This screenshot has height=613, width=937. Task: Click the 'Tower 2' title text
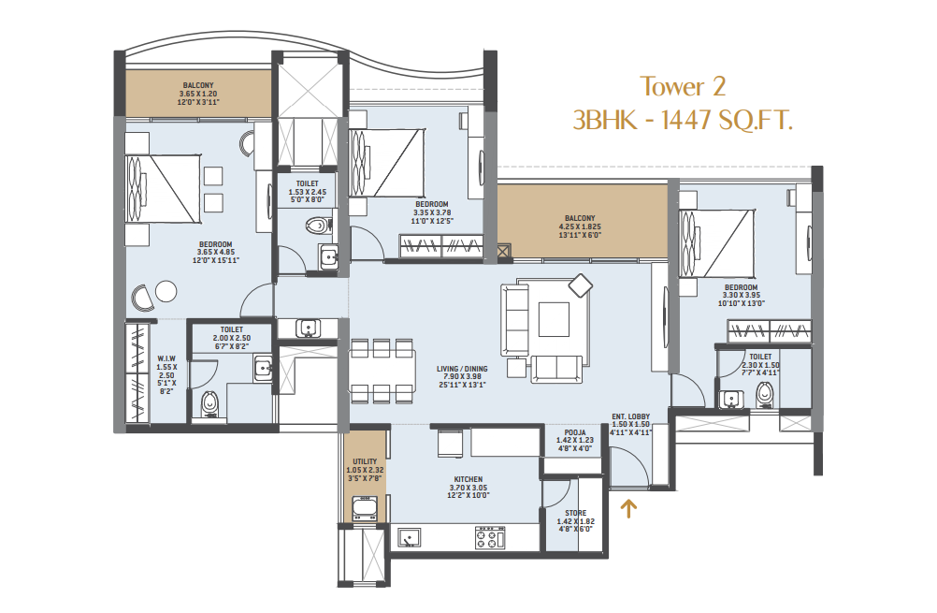point(683,87)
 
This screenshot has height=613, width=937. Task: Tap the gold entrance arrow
point(628,508)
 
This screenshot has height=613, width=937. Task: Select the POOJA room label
point(575,432)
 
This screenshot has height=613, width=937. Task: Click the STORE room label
point(575,513)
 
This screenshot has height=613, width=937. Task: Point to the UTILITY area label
point(365,461)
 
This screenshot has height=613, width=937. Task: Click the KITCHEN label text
point(468,479)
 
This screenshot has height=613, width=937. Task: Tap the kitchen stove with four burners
point(490,537)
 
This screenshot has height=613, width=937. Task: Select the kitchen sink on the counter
point(409,537)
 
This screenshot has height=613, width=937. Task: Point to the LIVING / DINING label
point(462,369)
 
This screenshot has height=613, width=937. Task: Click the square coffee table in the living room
point(554,319)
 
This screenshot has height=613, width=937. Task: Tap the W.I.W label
point(166,358)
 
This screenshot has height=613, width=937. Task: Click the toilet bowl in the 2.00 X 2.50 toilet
point(209,404)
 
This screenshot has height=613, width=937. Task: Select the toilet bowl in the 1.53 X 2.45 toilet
point(318,226)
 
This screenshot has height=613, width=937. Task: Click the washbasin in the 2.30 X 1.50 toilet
point(731,399)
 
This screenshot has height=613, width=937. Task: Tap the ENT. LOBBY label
point(630,416)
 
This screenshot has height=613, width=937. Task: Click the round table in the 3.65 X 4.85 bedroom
point(166,292)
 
